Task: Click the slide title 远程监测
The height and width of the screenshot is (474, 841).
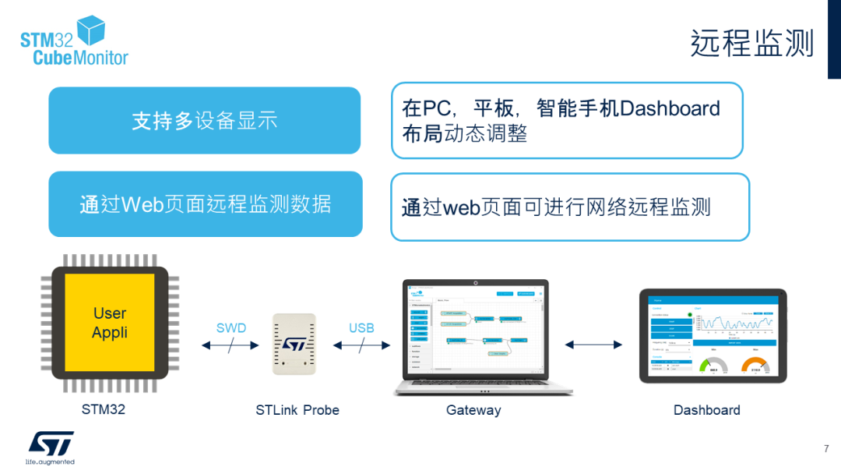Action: click(x=751, y=44)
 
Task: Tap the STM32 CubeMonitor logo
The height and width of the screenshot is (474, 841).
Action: click(x=74, y=43)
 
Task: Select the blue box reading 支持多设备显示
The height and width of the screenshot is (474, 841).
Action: click(x=205, y=121)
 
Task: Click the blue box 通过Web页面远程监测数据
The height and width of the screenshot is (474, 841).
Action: click(x=206, y=204)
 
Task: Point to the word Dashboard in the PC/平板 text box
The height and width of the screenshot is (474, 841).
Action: click(x=670, y=108)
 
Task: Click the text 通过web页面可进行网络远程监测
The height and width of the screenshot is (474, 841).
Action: click(x=556, y=207)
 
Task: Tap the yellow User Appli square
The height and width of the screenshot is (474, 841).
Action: click(x=110, y=323)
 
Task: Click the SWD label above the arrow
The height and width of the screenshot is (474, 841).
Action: click(x=230, y=328)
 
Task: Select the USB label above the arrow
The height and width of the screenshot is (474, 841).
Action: click(x=361, y=328)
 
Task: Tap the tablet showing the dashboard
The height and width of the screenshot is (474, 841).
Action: click(x=713, y=336)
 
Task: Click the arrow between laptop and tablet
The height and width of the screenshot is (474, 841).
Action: click(x=594, y=345)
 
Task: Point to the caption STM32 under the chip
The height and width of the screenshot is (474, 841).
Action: click(x=104, y=409)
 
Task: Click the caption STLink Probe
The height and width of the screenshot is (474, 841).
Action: click(x=297, y=410)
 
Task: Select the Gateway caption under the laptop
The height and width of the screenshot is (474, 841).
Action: click(x=473, y=410)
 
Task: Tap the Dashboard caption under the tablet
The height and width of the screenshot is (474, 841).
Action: click(x=707, y=410)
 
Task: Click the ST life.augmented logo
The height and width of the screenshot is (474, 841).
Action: click(x=51, y=447)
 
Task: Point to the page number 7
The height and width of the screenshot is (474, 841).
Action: click(x=826, y=449)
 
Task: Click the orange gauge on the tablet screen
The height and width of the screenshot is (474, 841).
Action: click(x=755, y=366)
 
